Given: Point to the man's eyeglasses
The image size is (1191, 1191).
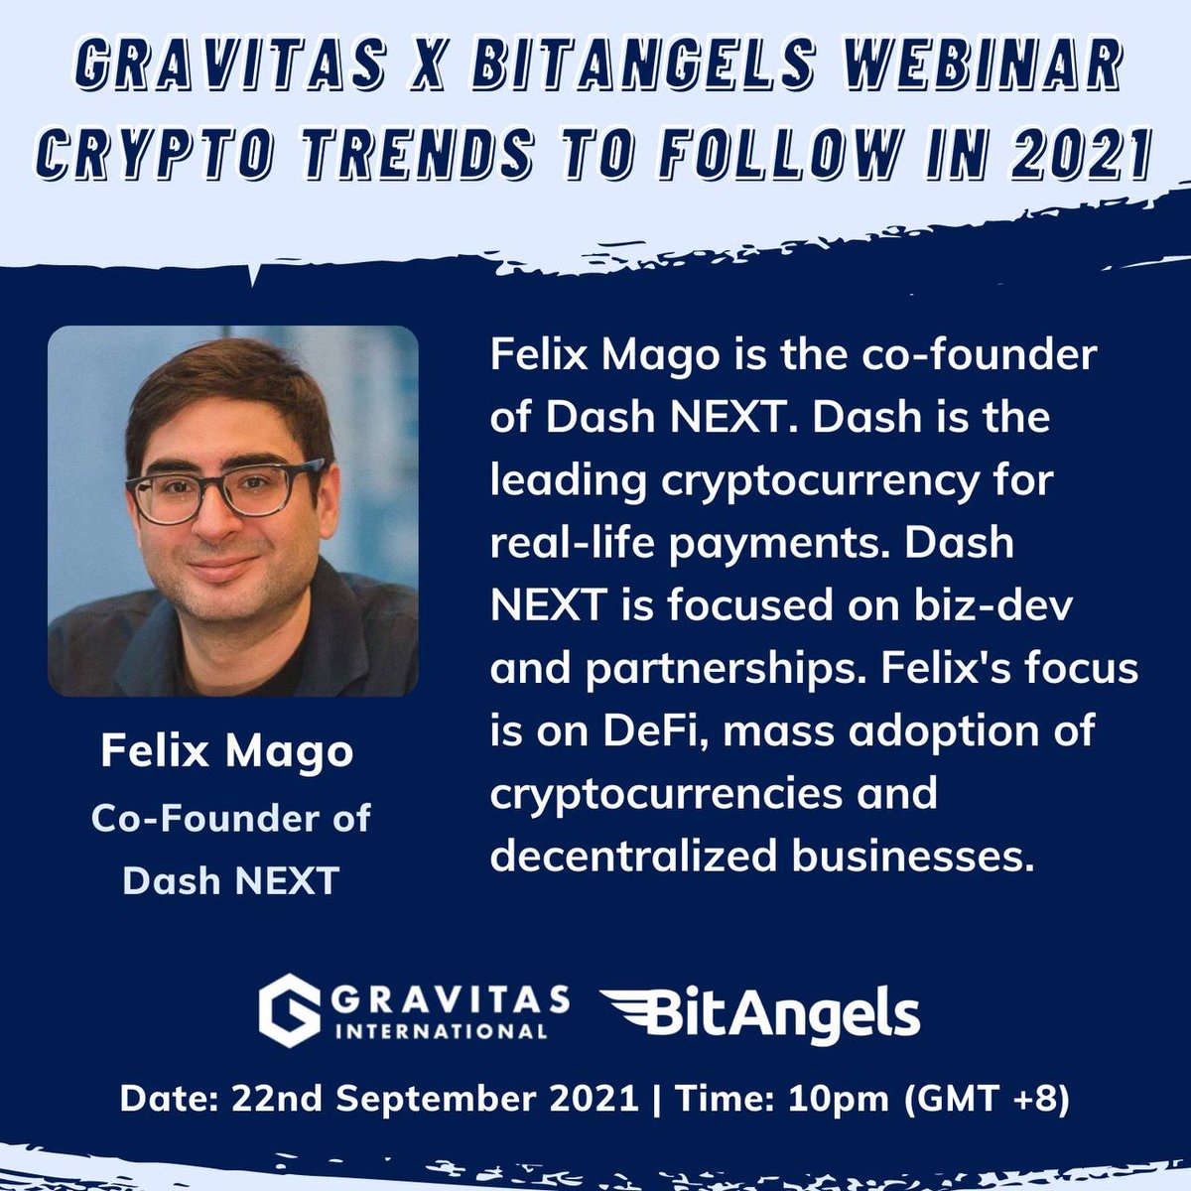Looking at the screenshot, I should click(226, 490).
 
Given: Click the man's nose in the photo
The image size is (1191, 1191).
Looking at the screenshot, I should click(220, 526).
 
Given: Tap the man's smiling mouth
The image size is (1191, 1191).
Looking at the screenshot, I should click(223, 569).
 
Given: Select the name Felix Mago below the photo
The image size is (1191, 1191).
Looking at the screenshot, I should click(226, 751).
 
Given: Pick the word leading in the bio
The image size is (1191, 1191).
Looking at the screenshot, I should click(563, 480).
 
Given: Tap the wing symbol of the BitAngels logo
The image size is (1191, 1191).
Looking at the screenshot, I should click(636, 1012).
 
